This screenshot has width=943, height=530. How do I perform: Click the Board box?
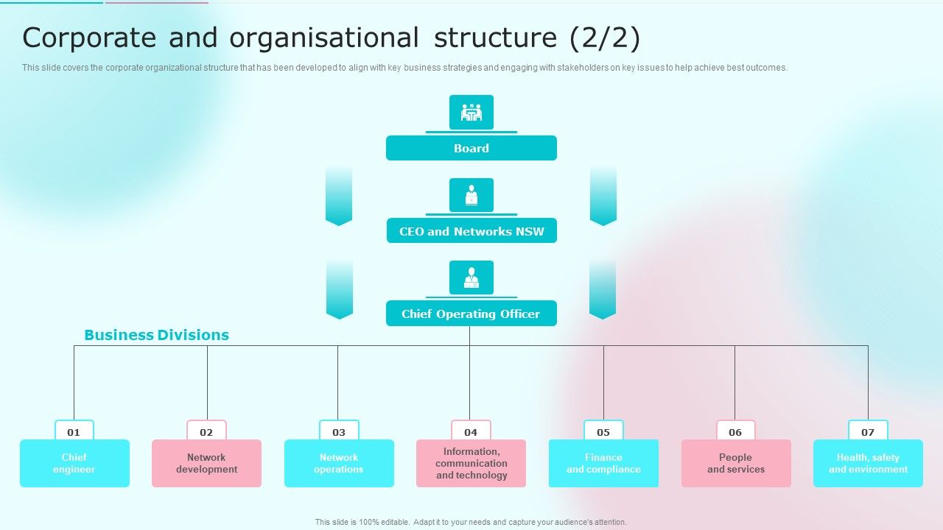[x=471, y=148]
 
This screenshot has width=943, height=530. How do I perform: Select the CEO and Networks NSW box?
[x=471, y=231]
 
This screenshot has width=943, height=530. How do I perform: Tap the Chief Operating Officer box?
[x=471, y=314]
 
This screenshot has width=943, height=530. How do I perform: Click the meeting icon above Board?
[x=471, y=113]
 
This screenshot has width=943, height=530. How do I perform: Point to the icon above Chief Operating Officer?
[x=471, y=278]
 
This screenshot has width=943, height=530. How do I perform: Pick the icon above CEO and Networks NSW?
[x=471, y=195]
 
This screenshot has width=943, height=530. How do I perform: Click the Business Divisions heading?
[x=156, y=335]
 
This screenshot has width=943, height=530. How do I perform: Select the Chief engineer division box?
[x=74, y=464]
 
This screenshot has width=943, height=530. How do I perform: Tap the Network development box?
[x=206, y=464]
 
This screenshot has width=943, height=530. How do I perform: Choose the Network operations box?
[x=339, y=464]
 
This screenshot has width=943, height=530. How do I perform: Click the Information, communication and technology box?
[x=471, y=464]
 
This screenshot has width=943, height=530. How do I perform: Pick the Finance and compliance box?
[x=603, y=464]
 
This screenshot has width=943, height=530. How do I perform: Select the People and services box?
[x=736, y=464]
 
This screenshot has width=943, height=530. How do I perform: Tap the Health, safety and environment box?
[x=868, y=464]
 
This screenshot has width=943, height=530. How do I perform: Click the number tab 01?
[x=74, y=431]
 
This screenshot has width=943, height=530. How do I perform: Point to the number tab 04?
[x=471, y=431]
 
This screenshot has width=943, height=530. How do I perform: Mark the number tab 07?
[x=868, y=431]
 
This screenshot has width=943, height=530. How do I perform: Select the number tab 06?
[x=735, y=431]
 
